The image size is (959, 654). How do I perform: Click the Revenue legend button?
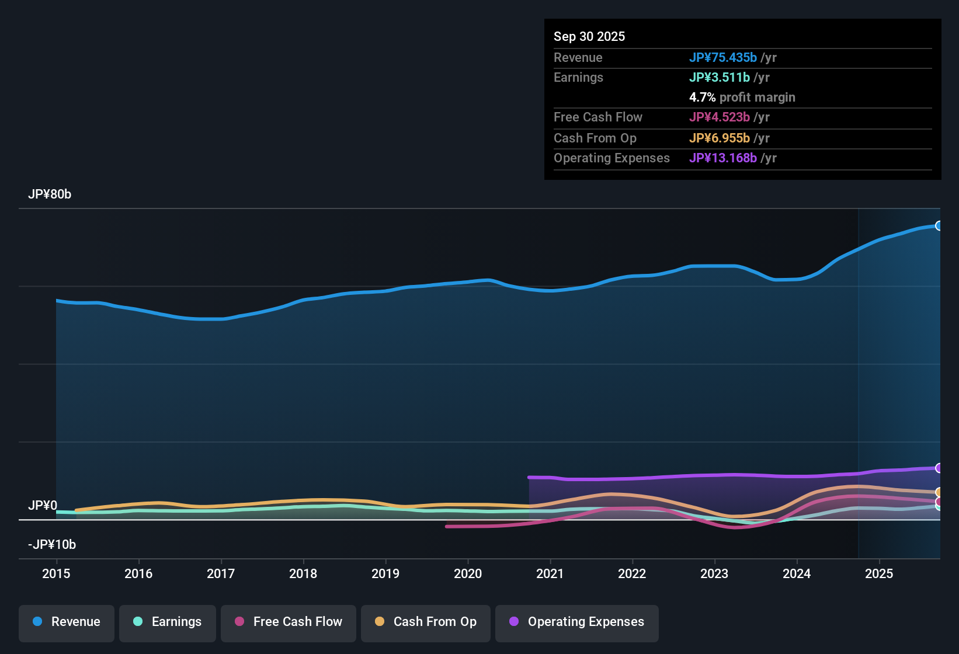click(x=67, y=622)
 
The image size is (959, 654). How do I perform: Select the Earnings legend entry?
click(x=168, y=622)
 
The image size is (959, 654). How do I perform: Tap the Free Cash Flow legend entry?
click(x=289, y=622)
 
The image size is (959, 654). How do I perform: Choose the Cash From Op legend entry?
click(x=426, y=622)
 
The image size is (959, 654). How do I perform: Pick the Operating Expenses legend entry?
click(x=577, y=622)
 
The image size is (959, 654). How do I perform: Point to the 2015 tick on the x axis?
click(x=56, y=573)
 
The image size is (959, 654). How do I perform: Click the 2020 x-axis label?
click(x=468, y=573)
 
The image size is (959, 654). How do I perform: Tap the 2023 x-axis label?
click(x=714, y=573)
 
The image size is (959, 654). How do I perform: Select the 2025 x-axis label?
click(x=879, y=573)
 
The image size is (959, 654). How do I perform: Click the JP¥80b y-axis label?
click(x=50, y=194)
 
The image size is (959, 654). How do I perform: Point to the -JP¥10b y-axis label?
click(x=52, y=545)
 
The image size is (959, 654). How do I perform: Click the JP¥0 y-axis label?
click(x=43, y=506)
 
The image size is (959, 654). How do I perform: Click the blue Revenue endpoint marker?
click(x=939, y=226)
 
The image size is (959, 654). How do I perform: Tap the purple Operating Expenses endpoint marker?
click(x=939, y=468)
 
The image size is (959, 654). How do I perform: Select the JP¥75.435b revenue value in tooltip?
click(x=722, y=58)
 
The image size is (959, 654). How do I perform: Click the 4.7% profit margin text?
click(x=742, y=98)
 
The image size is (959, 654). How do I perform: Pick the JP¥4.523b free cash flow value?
click(x=719, y=117)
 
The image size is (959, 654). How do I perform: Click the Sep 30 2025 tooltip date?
click(x=589, y=37)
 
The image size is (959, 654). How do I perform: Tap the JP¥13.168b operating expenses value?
click(x=722, y=158)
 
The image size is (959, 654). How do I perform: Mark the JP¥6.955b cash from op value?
click(x=719, y=138)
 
